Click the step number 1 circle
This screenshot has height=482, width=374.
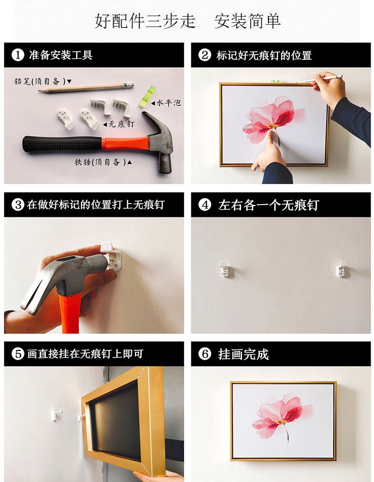click(18, 55)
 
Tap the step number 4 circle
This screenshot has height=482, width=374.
click(205, 205)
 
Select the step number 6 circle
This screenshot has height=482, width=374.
click(205, 354)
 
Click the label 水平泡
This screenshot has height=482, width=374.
click(168, 103)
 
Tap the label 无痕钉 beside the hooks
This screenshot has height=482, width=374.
click(122, 125)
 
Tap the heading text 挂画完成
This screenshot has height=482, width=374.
click(243, 354)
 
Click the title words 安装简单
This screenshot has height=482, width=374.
click(247, 21)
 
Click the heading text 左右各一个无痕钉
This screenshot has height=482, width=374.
click(268, 205)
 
